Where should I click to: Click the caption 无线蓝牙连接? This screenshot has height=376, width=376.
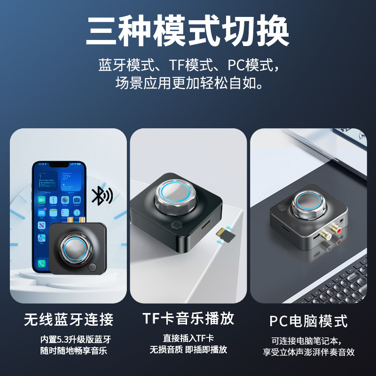[69, 320]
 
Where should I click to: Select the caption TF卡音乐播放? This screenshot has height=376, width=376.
[188, 319]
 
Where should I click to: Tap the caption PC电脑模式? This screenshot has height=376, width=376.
[308, 321]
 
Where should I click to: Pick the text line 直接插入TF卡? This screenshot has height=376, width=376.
[188, 338]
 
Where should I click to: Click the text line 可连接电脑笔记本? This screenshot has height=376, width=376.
[308, 340]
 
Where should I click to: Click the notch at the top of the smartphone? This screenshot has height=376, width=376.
[59, 165]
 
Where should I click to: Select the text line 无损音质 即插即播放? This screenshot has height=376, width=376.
[188, 350]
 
